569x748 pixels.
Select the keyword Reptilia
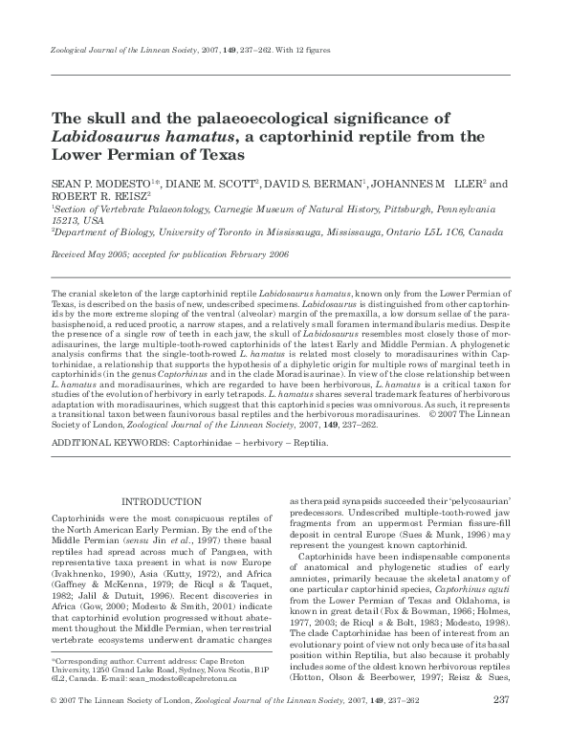pos(309,444)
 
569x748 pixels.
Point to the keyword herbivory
pos(259,444)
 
